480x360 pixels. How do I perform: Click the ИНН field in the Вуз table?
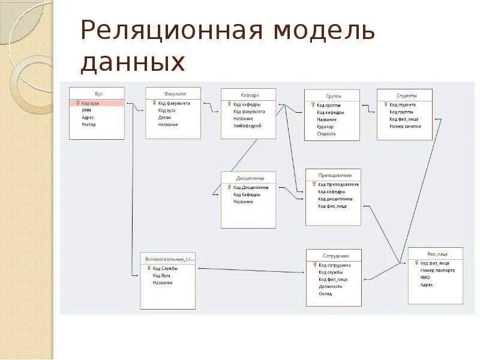[x=86, y=110]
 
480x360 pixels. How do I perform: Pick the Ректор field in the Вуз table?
[x=89, y=125]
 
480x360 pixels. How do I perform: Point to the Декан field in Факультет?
[x=165, y=118]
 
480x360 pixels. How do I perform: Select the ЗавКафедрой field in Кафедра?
[x=248, y=126]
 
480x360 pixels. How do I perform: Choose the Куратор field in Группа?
[x=325, y=127]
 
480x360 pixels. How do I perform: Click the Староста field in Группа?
[x=326, y=134]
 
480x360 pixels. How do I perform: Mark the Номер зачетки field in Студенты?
[x=406, y=126]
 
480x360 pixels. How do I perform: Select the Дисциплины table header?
[x=248, y=178]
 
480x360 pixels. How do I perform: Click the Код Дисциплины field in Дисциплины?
[x=251, y=187]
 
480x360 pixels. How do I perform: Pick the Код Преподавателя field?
[x=338, y=184]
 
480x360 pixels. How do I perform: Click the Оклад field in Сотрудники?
[x=326, y=293]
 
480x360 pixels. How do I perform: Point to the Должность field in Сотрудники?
[x=331, y=286]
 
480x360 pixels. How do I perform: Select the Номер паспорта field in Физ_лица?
[x=437, y=270]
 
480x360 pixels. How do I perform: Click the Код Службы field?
[x=165, y=268]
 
